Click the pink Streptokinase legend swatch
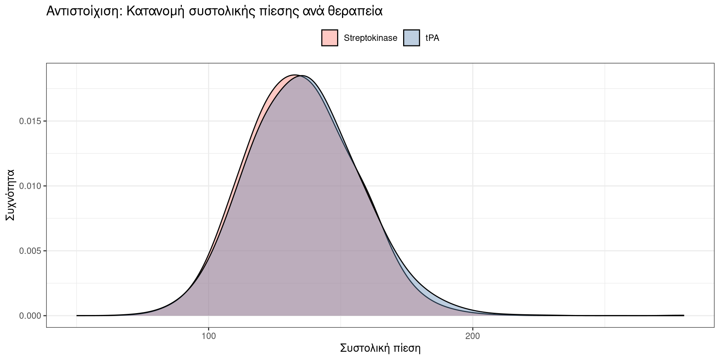330,38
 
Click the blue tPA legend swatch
411,38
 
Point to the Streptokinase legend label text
370,38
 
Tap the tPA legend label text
432,38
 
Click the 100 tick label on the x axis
208,336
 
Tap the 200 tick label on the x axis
472,336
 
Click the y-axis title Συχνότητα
10,195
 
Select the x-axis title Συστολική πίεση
380,348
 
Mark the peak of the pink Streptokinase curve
295,75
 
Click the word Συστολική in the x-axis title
363,348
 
